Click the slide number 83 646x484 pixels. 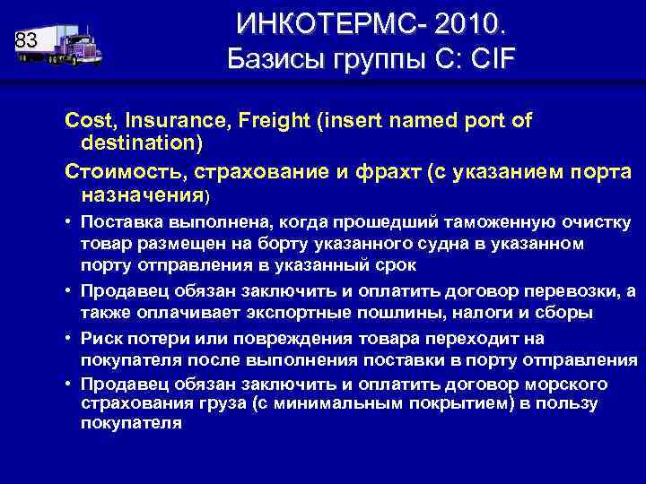pyautogui.click(x=26, y=40)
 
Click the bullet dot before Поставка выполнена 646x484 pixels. pyautogui.click(x=69, y=223)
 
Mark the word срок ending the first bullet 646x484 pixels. pyautogui.click(x=398, y=265)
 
